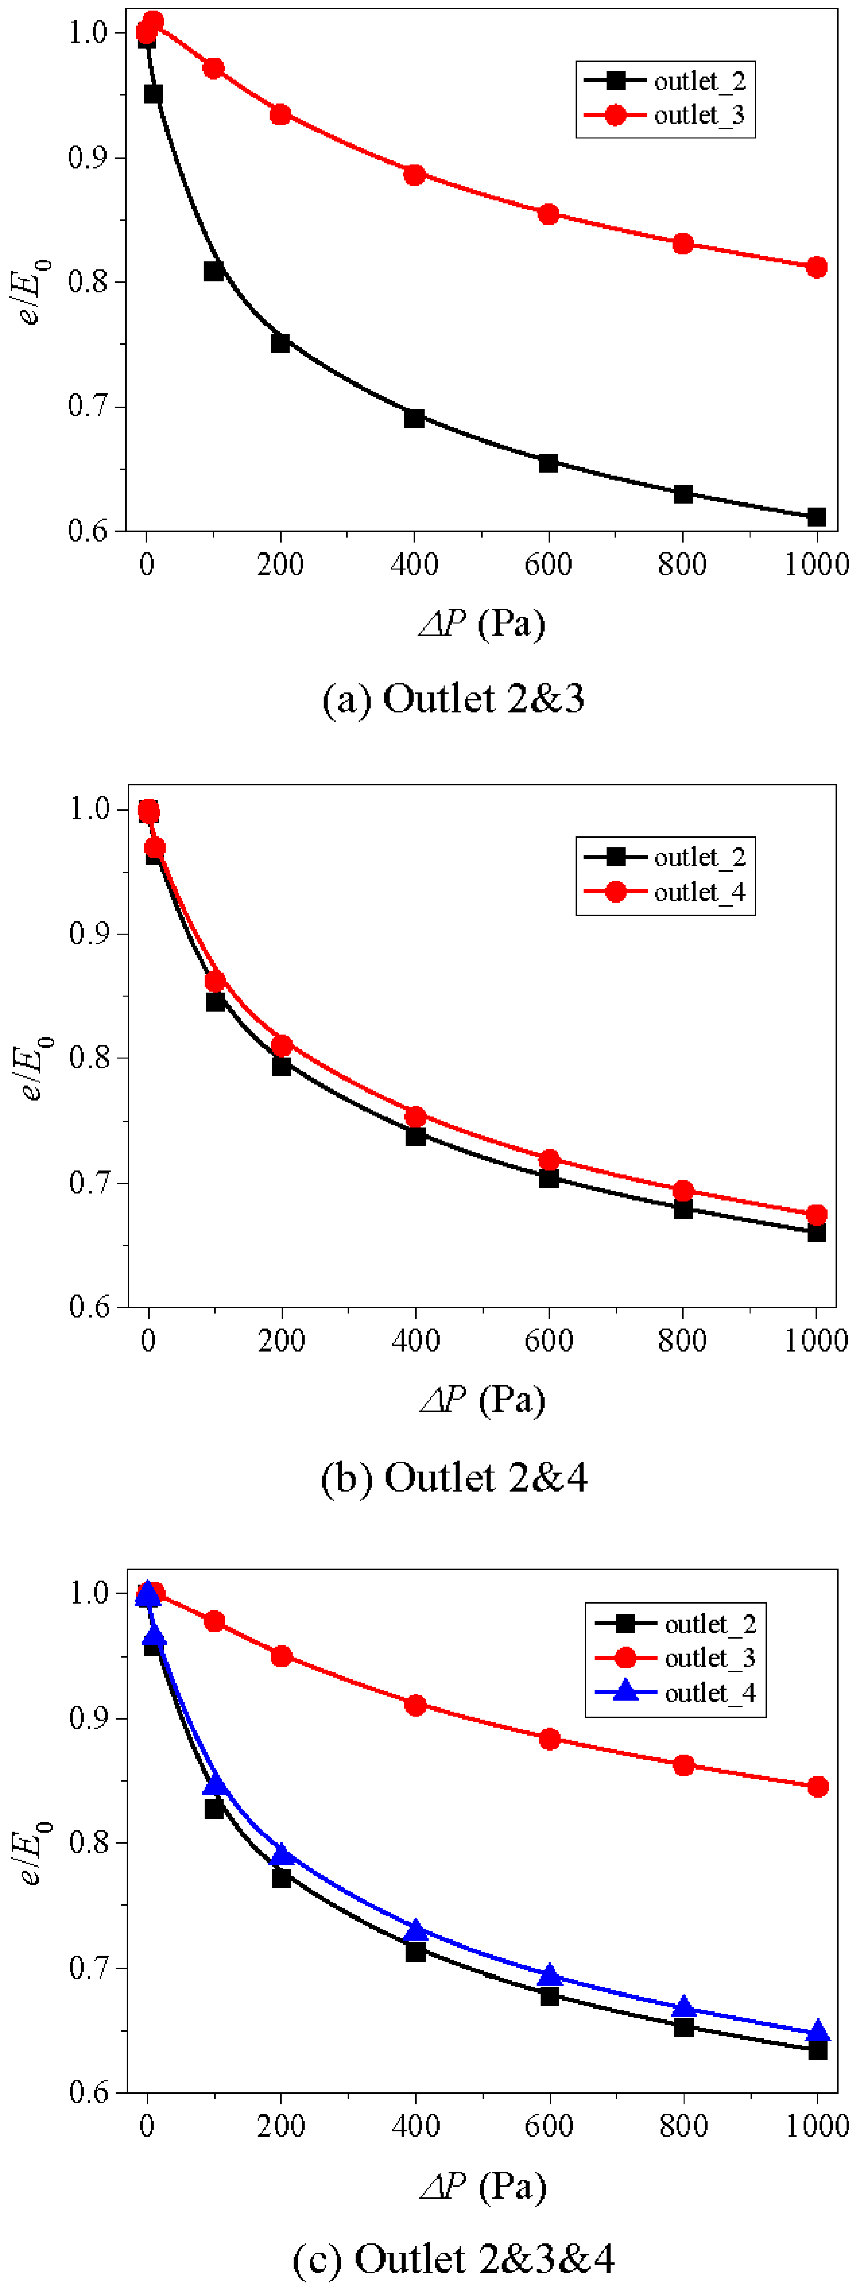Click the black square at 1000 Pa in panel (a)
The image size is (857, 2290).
(x=816, y=516)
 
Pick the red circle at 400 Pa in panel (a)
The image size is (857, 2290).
(x=414, y=174)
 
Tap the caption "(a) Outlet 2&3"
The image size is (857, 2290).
(x=453, y=699)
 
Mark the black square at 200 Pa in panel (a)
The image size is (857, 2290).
(x=280, y=342)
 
